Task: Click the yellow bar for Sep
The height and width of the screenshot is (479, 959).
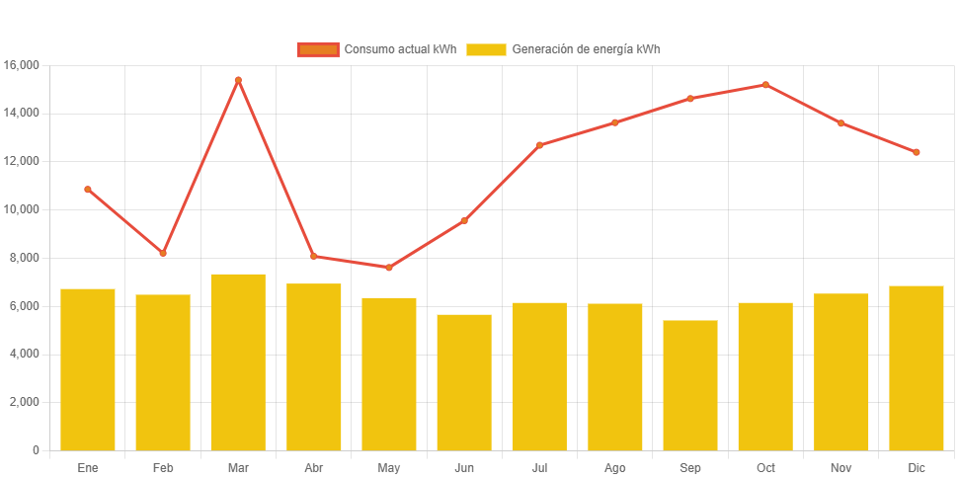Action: click(690, 385)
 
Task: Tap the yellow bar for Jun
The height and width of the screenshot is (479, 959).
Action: click(464, 382)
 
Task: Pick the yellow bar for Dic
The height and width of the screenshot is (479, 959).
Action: click(917, 367)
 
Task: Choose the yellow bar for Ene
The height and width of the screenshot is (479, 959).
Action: click(88, 369)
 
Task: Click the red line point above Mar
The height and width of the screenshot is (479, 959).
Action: click(238, 80)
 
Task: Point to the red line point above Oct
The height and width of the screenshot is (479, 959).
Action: click(765, 85)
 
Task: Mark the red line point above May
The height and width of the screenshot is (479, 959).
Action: click(389, 268)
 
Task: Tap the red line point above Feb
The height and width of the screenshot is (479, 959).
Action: click(163, 253)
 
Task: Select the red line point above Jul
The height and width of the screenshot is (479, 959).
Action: click(539, 145)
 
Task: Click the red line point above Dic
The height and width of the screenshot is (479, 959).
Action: click(917, 152)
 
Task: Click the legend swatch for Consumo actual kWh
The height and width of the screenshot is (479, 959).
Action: click(317, 49)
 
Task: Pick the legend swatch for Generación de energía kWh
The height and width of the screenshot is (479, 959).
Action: click(486, 49)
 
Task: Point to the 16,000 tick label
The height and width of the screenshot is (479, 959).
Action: click(21, 65)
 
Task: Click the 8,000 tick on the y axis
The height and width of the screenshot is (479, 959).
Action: click(24, 258)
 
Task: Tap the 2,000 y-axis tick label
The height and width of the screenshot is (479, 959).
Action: click(24, 402)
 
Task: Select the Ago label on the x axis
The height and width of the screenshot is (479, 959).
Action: click(614, 467)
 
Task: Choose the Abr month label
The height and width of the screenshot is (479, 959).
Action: click(314, 467)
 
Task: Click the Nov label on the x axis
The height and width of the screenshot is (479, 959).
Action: click(840, 467)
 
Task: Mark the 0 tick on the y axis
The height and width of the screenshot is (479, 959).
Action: click(36, 450)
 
